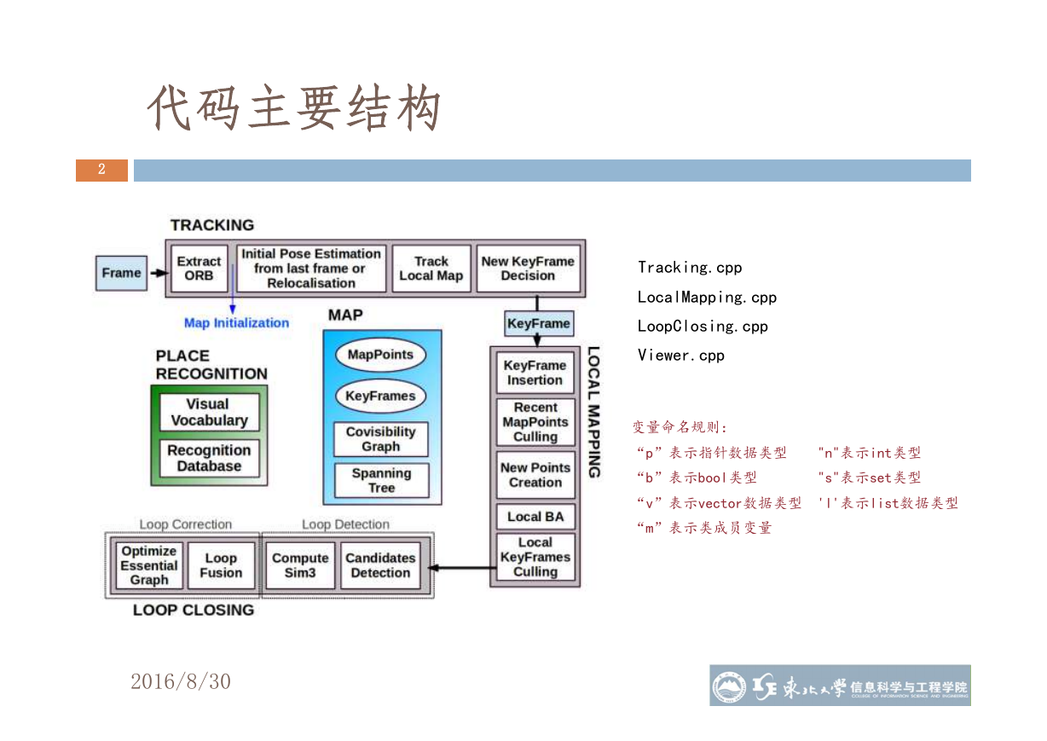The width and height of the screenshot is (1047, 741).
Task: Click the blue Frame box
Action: point(121,273)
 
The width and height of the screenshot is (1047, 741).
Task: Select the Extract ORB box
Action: point(200,269)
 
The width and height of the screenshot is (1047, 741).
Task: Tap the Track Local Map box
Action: point(431,269)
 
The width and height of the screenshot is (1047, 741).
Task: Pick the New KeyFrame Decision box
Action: point(528,269)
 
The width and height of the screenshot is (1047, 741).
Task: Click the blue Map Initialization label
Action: point(236,323)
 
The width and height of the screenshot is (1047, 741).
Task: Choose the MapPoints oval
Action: point(380,355)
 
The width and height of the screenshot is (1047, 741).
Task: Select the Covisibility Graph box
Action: point(381,439)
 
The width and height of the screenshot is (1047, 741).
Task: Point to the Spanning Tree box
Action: point(381,480)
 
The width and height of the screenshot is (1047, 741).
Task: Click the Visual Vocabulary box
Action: point(209,412)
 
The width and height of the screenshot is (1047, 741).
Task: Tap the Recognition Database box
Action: point(209,458)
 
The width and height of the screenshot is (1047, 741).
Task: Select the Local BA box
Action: point(535,517)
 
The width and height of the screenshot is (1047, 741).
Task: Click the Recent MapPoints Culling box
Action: point(535,422)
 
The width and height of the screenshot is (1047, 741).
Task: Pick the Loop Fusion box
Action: point(221,565)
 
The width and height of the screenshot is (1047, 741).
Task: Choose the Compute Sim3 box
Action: point(300,565)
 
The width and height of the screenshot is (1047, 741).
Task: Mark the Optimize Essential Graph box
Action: point(148,565)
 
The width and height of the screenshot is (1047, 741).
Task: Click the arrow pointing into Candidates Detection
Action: point(462,568)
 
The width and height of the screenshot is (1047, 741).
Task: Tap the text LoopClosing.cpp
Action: point(703,327)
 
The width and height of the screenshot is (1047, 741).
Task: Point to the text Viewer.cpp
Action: point(681,356)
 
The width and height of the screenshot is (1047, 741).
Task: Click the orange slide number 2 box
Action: point(102,171)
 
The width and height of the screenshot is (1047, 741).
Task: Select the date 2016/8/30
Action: point(181,681)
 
